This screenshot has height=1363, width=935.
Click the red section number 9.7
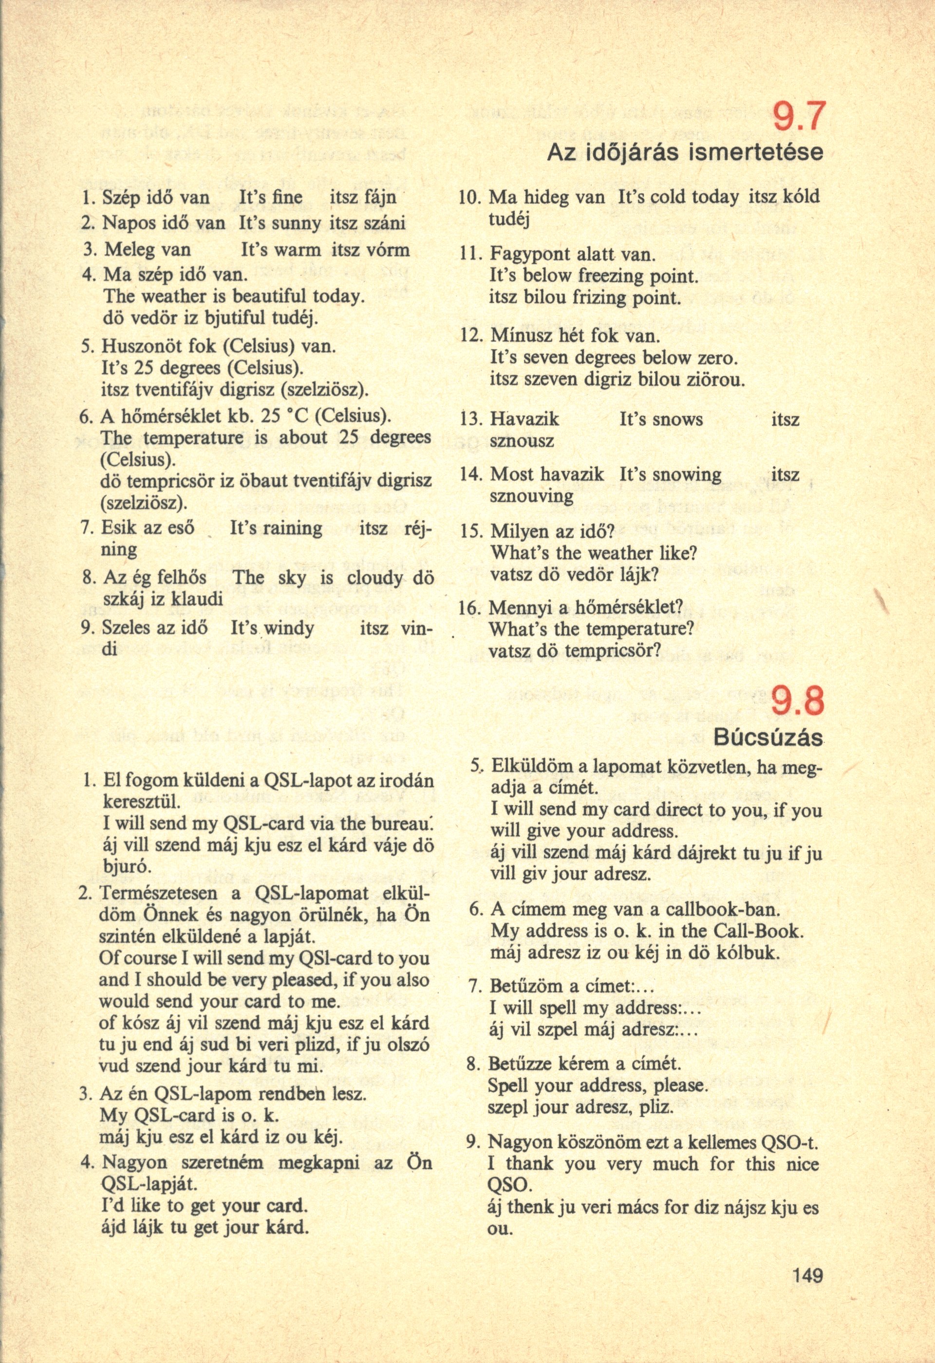(799, 118)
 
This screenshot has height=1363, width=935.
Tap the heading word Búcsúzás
(768, 738)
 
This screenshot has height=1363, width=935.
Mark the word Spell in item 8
(508, 1086)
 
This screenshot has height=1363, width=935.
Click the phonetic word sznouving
(523, 496)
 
